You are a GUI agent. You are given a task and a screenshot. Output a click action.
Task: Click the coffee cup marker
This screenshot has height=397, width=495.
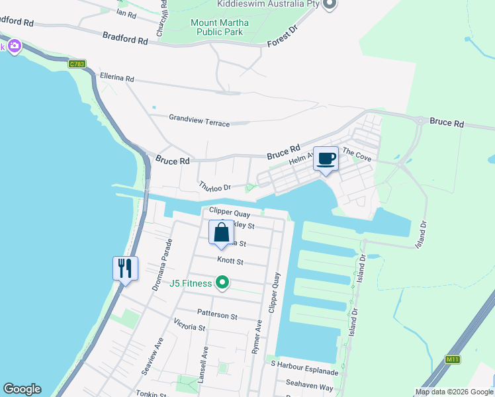(x=326, y=159)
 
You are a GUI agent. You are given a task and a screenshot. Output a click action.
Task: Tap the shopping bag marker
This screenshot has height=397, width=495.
(x=222, y=233)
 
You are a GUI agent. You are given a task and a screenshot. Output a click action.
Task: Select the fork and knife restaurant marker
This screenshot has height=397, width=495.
(x=125, y=269)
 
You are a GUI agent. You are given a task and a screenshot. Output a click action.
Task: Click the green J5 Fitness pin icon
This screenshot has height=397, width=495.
(x=222, y=284)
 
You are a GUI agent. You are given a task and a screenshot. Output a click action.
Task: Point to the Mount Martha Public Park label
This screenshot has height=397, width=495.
(x=220, y=27)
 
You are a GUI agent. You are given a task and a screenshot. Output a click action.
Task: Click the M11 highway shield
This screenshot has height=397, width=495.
(x=453, y=359)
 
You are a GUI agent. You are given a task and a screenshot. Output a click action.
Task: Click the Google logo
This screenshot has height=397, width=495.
(x=22, y=389)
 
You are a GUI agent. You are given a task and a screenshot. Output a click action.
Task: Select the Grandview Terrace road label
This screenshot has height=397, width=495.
(x=199, y=120)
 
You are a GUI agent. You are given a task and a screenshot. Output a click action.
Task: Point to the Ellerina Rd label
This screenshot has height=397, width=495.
(x=116, y=77)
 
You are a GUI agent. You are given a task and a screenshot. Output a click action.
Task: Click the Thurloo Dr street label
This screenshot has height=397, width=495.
(x=214, y=187)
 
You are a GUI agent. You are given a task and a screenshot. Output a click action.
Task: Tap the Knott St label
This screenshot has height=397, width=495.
(x=230, y=262)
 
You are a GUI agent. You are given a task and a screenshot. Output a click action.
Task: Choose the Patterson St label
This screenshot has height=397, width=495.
(x=217, y=316)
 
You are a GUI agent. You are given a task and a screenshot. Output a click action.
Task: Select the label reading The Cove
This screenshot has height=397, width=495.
(x=357, y=155)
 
